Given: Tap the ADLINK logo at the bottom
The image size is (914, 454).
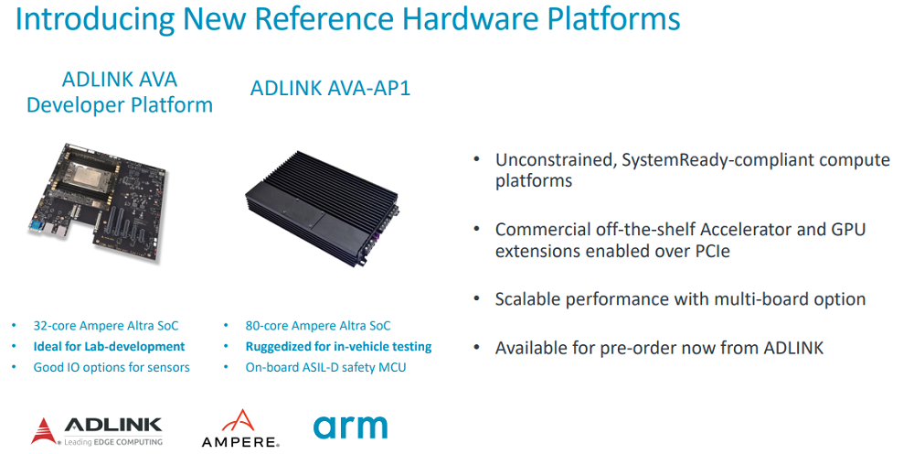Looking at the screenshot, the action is (97, 431).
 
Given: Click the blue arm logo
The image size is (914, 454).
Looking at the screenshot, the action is (350, 427).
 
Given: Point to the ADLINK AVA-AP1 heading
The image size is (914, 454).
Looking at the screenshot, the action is (331, 88).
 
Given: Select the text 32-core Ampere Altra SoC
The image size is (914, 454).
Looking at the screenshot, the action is (105, 326).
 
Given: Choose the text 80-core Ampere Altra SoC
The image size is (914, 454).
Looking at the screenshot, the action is (318, 326).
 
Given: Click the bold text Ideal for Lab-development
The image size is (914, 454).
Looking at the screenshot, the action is (109, 347).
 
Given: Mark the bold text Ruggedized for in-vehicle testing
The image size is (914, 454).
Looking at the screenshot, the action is (339, 347).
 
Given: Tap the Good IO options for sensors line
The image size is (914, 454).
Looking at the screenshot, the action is (112, 368).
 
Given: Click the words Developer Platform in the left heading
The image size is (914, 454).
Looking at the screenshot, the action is (120, 105).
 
